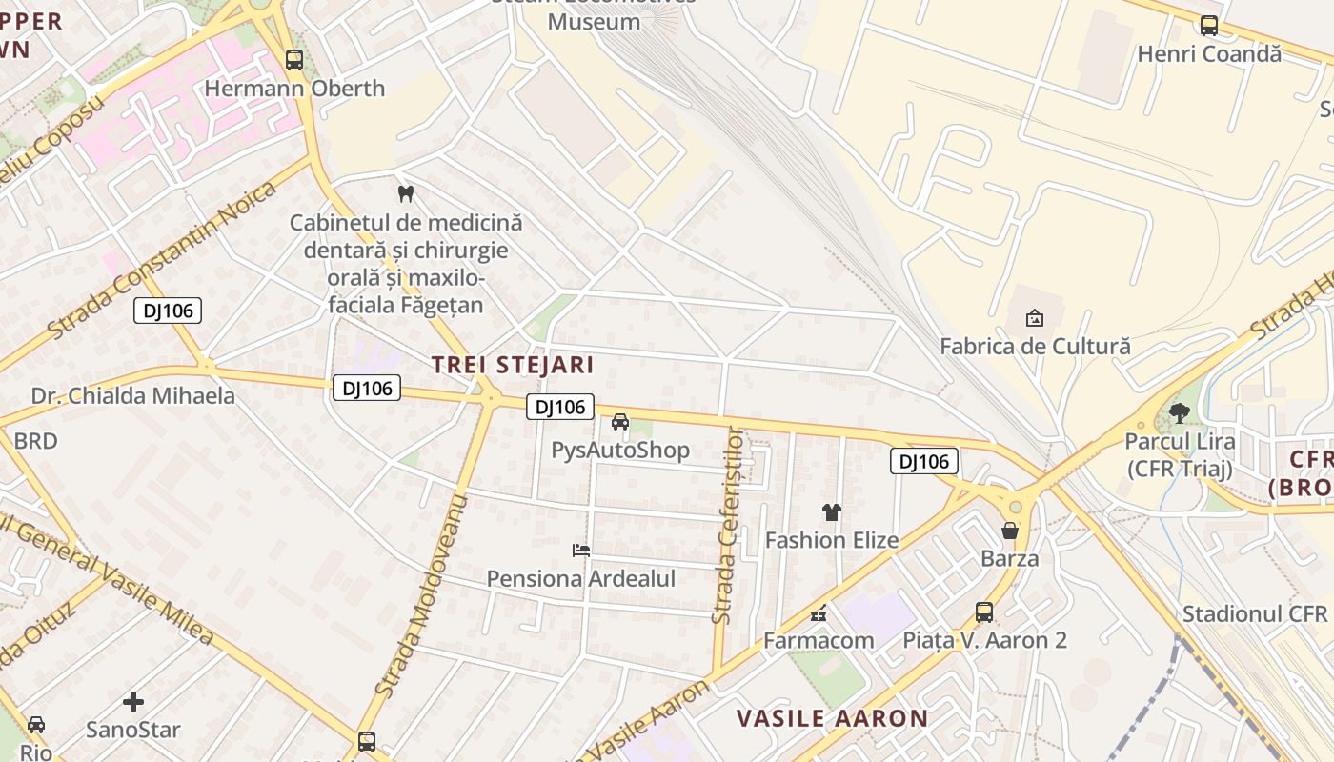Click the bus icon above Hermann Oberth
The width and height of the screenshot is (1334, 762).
point(294,60)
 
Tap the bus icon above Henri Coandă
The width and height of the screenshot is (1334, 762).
point(1209,26)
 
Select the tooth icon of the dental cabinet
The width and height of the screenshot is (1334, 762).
point(406,193)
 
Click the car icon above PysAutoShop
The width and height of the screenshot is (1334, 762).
point(620,422)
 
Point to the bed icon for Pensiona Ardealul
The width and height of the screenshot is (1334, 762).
point(581,550)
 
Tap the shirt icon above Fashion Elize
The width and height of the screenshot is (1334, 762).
point(832,512)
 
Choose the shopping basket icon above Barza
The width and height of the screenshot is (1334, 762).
point(1010,530)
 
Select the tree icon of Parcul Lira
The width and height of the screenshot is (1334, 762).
point(1180,412)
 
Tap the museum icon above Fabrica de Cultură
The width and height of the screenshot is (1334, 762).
point(1035,317)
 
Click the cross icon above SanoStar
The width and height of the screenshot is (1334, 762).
point(133,702)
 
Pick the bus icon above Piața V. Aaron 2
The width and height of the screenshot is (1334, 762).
point(984,612)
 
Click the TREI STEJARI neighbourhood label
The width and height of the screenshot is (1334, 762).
point(513,365)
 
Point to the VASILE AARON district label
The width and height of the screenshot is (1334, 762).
point(833,718)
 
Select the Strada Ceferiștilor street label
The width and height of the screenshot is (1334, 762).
point(731,526)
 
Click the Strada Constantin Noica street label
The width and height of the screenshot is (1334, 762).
point(160,260)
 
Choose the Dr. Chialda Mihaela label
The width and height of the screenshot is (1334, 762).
point(133,396)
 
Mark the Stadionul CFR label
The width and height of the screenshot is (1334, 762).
point(1255,613)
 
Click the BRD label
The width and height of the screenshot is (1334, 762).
point(35,441)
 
